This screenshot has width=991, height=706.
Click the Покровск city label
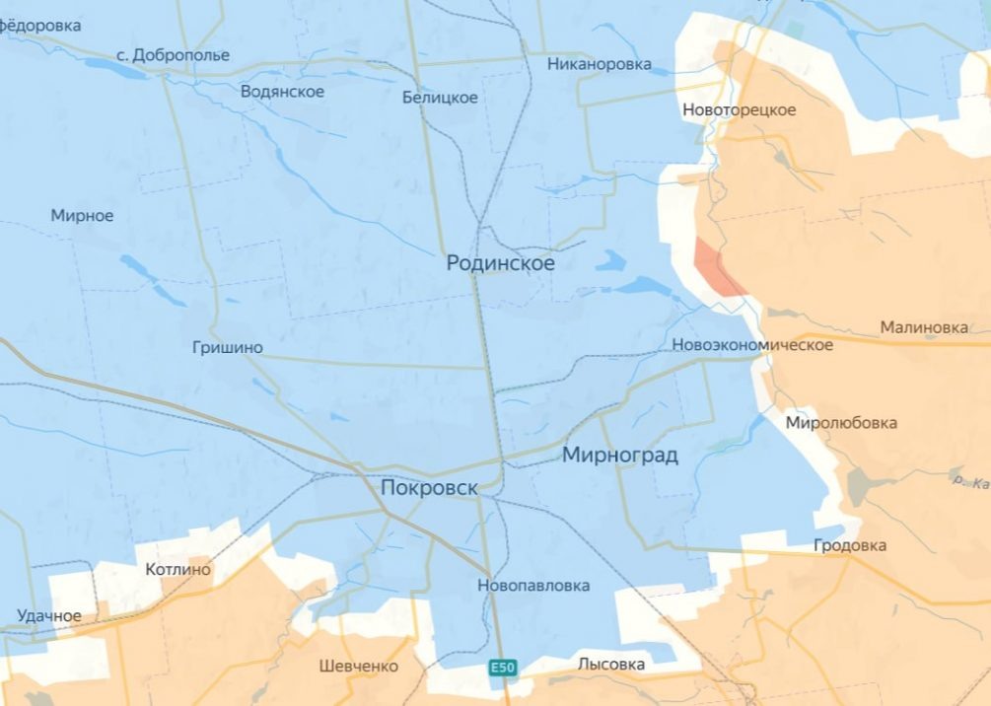(429, 488)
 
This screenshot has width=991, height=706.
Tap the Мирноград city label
(620, 455)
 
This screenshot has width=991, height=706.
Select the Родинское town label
(500, 263)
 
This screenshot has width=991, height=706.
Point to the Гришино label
(228, 347)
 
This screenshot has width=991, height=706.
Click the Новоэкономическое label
(751, 345)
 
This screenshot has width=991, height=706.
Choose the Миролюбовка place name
(841, 423)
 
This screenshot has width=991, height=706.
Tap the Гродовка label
(850, 545)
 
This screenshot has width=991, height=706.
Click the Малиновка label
(924, 327)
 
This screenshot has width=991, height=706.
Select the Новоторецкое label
(739, 109)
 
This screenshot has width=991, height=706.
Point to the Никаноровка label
(600, 64)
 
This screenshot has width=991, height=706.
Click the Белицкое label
(440, 97)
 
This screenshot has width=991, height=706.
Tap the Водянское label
(282, 91)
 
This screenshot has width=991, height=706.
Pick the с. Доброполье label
(173, 54)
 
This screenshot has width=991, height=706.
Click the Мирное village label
(82, 215)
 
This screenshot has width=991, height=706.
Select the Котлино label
(177, 570)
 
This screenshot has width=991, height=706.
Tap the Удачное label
(49, 616)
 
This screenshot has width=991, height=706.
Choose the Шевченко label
(359, 666)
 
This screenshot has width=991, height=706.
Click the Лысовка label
(611, 665)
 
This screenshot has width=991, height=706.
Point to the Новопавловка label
(533, 586)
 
